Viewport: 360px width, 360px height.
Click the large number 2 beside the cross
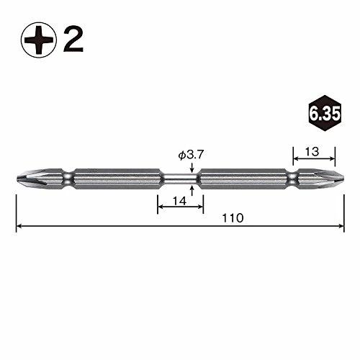click(73, 40)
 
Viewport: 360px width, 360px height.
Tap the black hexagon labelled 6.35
click(325, 113)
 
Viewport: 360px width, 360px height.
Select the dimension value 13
click(312, 152)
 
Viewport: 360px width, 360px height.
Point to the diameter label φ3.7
click(191, 156)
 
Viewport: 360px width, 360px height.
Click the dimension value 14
click(180, 201)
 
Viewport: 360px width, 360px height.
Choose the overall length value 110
click(233, 218)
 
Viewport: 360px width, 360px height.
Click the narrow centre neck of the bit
click(180, 179)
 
